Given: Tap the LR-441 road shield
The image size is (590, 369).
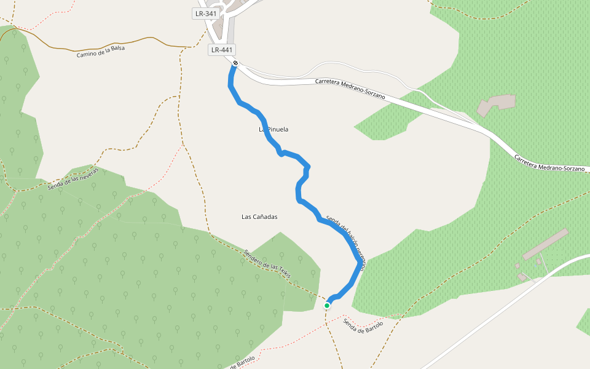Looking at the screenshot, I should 222,50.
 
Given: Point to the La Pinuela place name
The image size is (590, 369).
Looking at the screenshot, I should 273,130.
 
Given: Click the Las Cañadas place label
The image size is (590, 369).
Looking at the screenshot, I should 260,216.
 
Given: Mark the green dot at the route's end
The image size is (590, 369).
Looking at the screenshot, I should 327,305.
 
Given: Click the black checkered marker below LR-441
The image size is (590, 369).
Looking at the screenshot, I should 235,63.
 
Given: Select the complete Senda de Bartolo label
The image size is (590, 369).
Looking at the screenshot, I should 363,331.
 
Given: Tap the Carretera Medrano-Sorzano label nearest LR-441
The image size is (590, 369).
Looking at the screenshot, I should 350,89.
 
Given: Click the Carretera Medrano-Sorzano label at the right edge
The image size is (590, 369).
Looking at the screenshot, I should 549,164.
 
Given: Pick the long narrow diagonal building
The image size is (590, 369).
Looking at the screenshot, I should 545,244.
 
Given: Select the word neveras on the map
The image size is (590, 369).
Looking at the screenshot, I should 87,173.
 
